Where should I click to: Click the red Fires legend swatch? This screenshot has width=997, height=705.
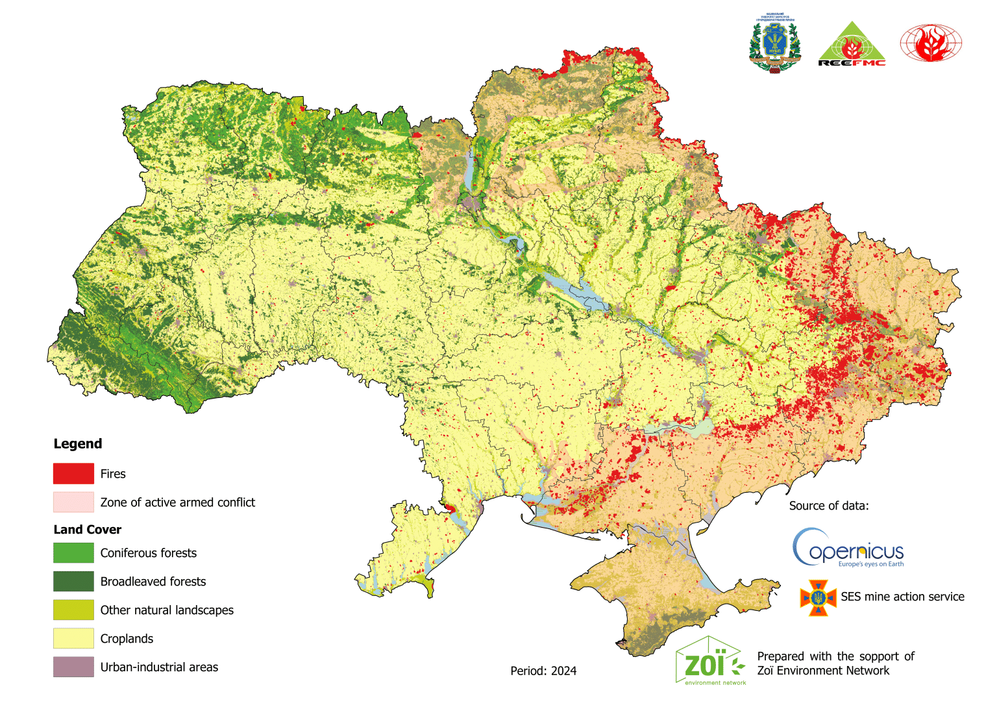click(x=73, y=473)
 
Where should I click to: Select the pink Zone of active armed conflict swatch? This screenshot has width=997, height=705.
click(x=73, y=502)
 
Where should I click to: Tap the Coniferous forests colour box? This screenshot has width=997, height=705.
click(x=73, y=552)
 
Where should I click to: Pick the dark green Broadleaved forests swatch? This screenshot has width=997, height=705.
click(x=73, y=581)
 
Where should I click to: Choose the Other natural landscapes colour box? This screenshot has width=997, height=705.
click(x=73, y=610)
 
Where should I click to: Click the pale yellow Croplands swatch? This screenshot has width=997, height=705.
click(x=73, y=638)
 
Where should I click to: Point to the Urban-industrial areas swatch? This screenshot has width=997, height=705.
click(x=73, y=667)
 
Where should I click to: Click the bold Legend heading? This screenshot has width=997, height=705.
click(x=78, y=444)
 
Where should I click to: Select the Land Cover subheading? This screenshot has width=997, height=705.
click(x=87, y=530)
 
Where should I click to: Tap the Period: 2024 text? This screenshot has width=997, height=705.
click(x=543, y=671)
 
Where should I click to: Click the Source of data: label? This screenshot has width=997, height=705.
click(x=828, y=506)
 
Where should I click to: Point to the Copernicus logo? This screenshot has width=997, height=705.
click(x=848, y=549)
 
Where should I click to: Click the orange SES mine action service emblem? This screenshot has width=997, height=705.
click(x=818, y=597)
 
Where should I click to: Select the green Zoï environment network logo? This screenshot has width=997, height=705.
click(x=709, y=662)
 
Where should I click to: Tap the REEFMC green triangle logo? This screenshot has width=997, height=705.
click(x=852, y=44)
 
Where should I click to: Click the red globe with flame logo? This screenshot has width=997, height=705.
click(x=930, y=43)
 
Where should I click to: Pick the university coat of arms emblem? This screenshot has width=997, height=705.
click(x=774, y=43)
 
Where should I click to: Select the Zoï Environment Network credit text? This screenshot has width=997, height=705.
click(x=835, y=663)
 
